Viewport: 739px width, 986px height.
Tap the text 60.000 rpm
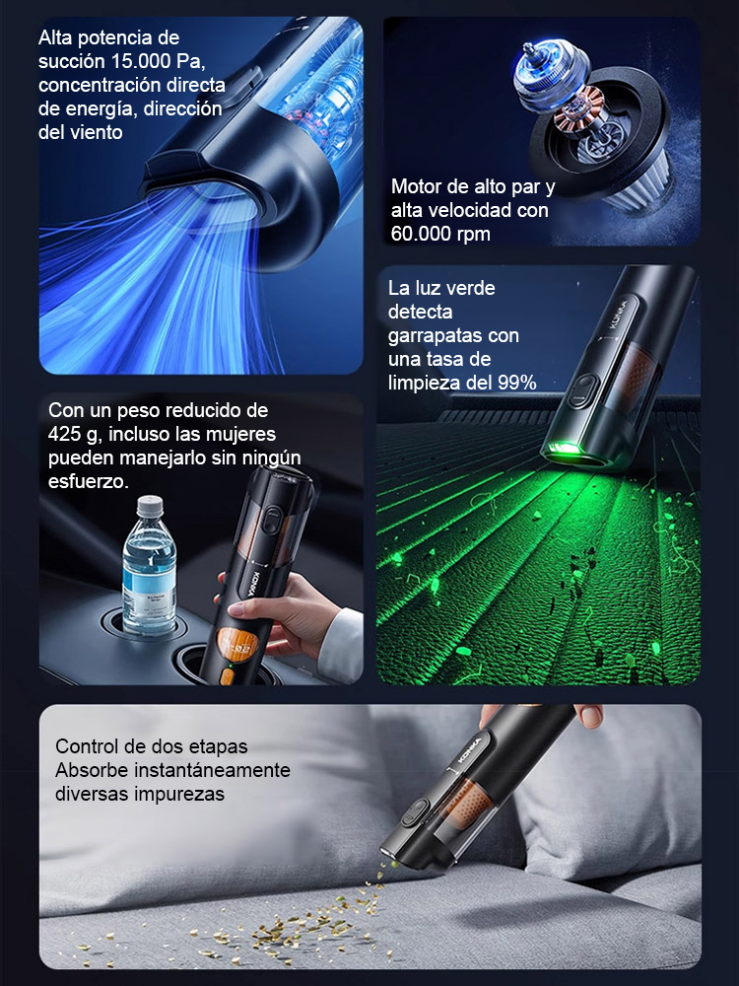tap(440, 234)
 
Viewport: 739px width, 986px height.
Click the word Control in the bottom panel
tap(88, 746)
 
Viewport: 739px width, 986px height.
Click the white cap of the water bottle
tap(149, 506)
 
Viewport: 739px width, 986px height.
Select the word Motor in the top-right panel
tap(416, 186)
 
